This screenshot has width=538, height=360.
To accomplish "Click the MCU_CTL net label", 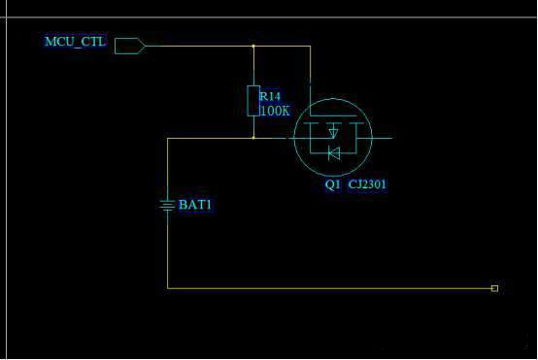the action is (x=75, y=42).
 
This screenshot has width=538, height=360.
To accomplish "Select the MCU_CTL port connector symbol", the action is (x=130, y=46).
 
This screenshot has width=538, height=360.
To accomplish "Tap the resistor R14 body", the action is (x=253, y=101).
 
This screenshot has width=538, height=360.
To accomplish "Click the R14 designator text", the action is (x=270, y=96).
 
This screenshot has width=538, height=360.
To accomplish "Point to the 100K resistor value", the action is (x=275, y=111).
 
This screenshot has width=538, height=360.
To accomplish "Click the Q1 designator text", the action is (x=332, y=184).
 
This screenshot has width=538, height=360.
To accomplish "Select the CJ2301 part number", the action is (x=367, y=184).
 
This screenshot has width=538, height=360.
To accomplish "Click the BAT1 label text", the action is (x=195, y=205).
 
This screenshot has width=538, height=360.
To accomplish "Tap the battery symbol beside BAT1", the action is (x=167, y=206).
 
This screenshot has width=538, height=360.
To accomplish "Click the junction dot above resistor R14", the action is (x=253, y=46).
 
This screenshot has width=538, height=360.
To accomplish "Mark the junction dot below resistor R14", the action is (x=253, y=138).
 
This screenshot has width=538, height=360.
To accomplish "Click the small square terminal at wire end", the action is (x=494, y=288).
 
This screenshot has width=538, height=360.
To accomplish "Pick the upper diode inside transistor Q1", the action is (x=333, y=132).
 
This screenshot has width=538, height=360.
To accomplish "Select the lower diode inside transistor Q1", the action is (x=334, y=153).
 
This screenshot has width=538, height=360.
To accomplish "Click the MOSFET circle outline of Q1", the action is (x=294, y=137).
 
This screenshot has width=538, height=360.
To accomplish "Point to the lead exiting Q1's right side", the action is (x=383, y=138).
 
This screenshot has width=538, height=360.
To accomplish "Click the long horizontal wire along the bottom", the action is (x=331, y=288).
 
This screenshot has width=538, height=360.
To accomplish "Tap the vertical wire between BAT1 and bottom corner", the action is (x=167, y=249).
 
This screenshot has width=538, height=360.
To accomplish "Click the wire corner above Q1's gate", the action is (x=310, y=46).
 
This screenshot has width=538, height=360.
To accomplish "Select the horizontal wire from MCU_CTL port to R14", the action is (x=200, y=46).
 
